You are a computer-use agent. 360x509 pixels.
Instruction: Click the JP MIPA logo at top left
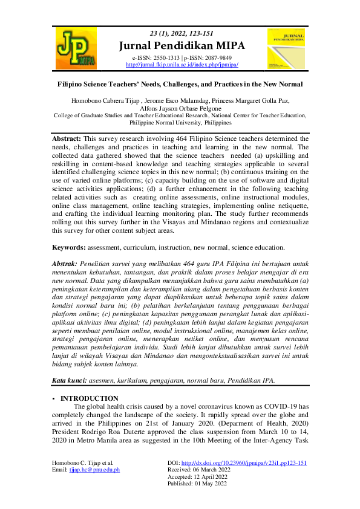(x=76, y=48)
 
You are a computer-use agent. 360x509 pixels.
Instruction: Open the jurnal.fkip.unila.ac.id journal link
(x=182, y=64)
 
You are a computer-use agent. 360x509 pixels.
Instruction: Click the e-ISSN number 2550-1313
(x=165, y=57)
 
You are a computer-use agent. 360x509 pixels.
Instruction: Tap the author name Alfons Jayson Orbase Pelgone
(x=180, y=108)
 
